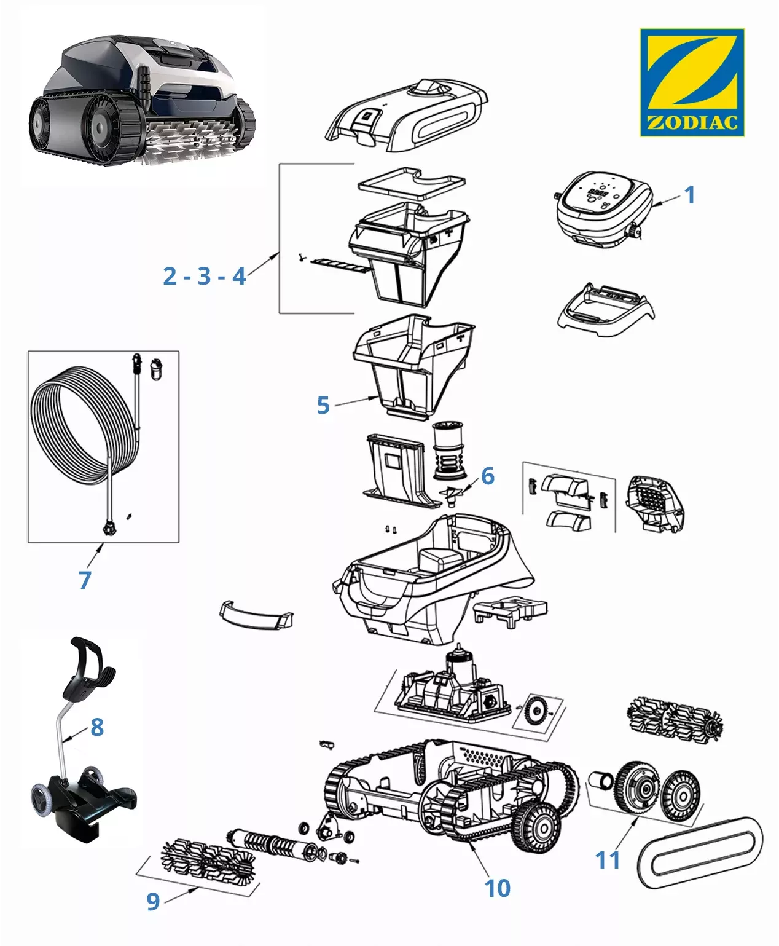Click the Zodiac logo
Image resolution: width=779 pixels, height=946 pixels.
(692, 82)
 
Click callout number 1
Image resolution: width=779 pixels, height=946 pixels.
(689, 195)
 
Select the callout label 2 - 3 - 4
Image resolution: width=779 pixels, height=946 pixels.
(205, 276)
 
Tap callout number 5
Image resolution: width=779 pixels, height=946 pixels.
(323, 405)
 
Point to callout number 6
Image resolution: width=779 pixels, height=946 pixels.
(488, 475)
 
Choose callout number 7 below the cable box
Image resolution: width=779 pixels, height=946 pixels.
(85, 580)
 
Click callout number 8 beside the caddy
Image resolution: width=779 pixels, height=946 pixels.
(97, 727)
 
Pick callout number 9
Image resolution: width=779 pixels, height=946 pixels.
(153, 901)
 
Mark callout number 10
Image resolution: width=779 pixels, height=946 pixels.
(497, 888)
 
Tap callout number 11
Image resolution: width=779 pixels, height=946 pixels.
(608, 860)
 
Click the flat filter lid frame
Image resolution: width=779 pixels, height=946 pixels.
(412, 181)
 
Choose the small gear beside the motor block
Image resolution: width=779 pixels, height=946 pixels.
(536, 712)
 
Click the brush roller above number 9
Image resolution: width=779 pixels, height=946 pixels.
(208, 859)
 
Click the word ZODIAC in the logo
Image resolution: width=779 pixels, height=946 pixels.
(692, 122)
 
